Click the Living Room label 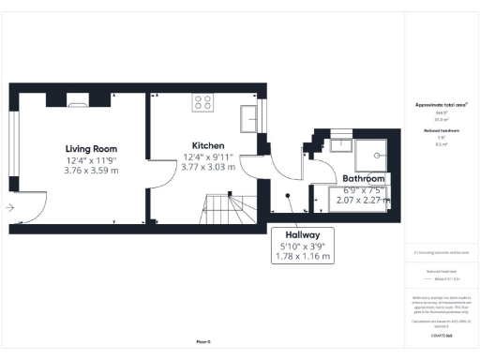(x=91, y=148)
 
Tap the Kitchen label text (x=206, y=145)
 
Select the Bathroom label (x=363, y=177)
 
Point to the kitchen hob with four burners (x=202, y=100)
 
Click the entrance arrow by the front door (x=10, y=208)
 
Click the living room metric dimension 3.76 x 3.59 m (x=91, y=171)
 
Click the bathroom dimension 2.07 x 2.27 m (x=363, y=200)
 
